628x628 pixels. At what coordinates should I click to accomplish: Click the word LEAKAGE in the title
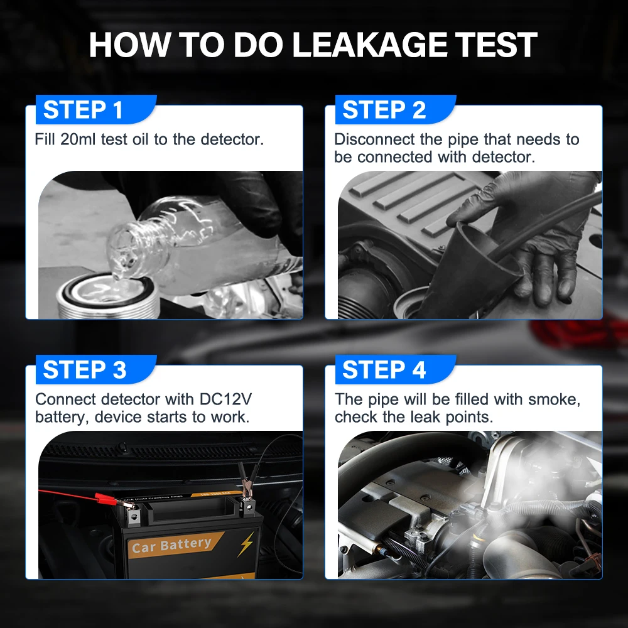pyautogui.click(x=369, y=45)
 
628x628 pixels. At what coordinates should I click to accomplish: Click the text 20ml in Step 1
pyautogui.click(x=78, y=139)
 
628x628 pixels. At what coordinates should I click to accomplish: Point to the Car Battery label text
pyautogui.click(x=171, y=544)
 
